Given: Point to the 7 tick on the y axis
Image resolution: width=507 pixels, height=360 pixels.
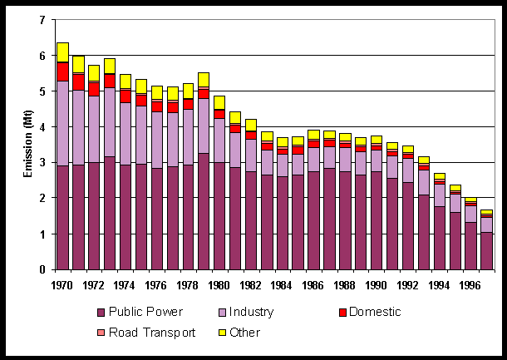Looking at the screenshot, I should pos(42,20).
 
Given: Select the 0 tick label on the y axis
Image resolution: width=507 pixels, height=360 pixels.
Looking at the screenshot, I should pos(42,270).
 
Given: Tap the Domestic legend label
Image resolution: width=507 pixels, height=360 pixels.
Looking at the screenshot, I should pos(373,313).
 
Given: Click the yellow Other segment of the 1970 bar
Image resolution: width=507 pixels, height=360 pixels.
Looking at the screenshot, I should pos(62,52).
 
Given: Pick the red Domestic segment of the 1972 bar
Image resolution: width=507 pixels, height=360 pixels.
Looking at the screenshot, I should pos(94,88).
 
